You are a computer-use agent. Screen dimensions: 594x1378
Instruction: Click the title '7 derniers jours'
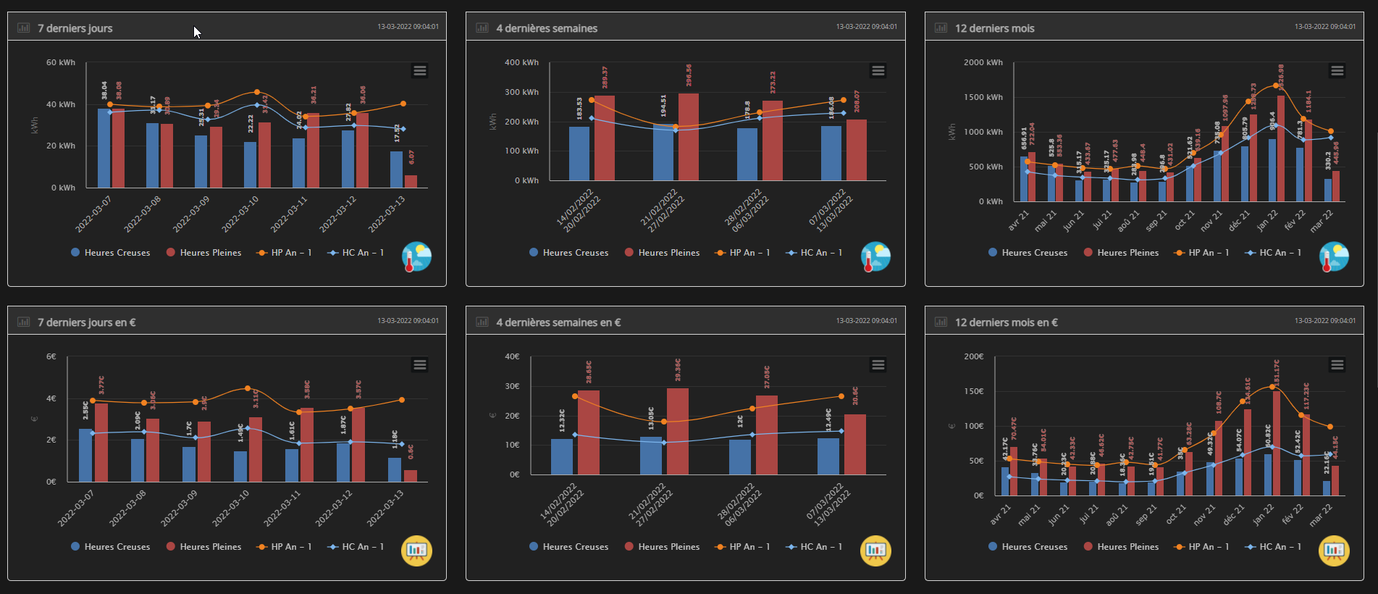(x=75, y=28)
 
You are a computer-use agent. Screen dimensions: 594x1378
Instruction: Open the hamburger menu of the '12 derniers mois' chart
(x=1337, y=70)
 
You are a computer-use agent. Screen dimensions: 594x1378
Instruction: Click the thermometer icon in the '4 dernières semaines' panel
(x=875, y=256)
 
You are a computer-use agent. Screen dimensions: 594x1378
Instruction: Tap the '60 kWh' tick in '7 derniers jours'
(x=61, y=62)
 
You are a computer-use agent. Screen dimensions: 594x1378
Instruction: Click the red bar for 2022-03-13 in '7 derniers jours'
(x=411, y=181)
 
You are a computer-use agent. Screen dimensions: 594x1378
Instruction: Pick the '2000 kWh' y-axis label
(x=983, y=62)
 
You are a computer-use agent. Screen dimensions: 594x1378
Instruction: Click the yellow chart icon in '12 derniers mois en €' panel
(x=1334, y=551)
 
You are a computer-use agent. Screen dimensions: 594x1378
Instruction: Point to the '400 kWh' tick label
(x=521, y=62)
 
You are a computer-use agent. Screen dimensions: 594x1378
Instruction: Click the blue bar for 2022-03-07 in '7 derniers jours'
(x=104, y=148)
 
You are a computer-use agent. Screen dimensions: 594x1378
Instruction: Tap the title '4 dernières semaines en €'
(x=558, y=322)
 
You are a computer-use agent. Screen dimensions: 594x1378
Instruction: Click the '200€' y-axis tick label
(x=974, y=356)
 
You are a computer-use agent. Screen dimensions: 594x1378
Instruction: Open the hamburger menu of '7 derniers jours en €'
(x=420, y=364)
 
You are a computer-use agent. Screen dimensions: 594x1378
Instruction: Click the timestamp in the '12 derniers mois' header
(x=1325, y=27)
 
